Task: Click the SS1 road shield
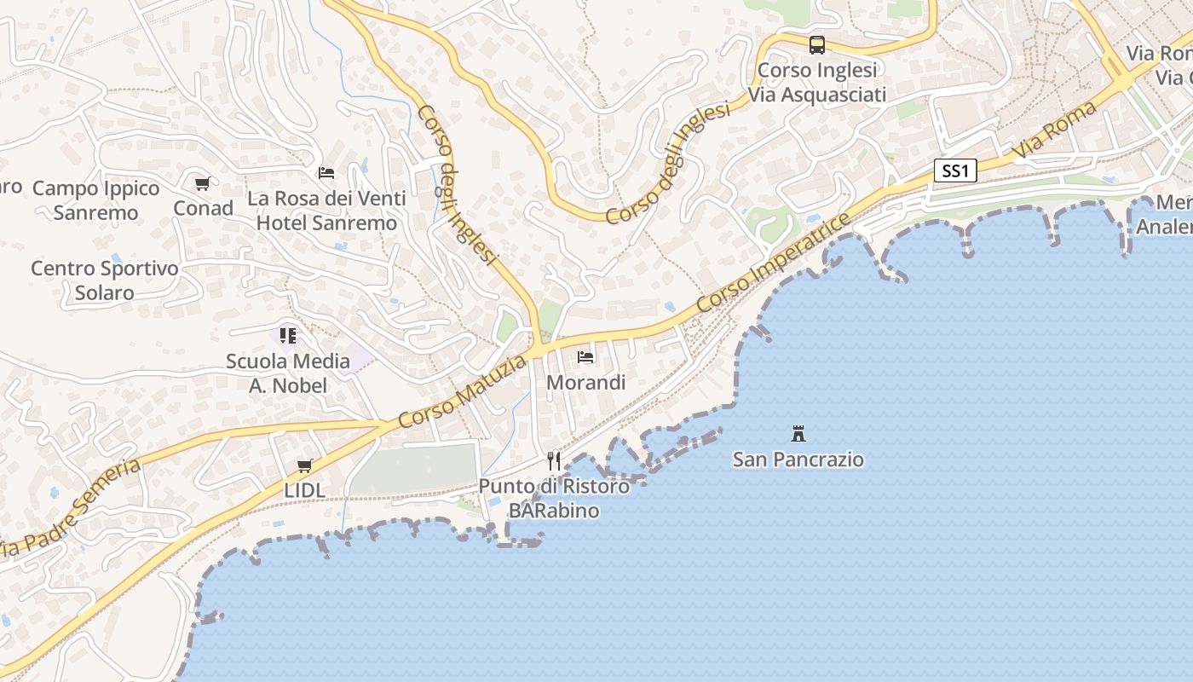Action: coord(955,171)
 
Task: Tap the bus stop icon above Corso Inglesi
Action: coord(816,45)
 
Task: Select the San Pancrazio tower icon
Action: coord(798,434)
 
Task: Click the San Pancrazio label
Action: coord(798,459)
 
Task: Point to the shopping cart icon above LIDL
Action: coord(304,465)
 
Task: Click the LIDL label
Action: coord(305,490)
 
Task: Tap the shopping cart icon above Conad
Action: coord(203,183)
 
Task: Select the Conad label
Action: coord(203,208)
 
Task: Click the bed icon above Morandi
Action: coord(585,356)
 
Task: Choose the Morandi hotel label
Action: coord(585,382)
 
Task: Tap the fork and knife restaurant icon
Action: coord(554,461)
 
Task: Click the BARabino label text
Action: coord(554,511)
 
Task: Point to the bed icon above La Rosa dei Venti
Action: coord(326,173)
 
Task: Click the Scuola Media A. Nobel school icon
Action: coord(288,336)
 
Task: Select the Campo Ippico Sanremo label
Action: coord(95,200)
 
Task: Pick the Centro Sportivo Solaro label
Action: coord(105,280)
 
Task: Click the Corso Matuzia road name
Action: coord(463,392)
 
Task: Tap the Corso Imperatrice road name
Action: coord(773,263)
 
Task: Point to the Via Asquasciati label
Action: coord(817,94)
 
